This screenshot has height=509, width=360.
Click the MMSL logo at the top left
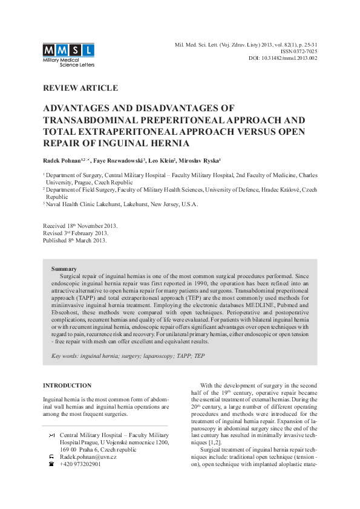pyautogui.click(x=68, y=53)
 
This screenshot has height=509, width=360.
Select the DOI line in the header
pyautogui.click(x=283, y=59)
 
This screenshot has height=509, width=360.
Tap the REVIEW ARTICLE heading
pyautogui.click(x=80, y=88)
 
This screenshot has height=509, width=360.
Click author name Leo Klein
pyautogui.click(x=164, y=160)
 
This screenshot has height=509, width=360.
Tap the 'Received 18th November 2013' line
pyautogui.click(x=80, y=225)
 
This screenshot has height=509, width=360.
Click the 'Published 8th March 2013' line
pyautogui.click(x=74, y=240)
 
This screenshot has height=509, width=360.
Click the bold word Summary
pyautogui.click(x=64, y=268)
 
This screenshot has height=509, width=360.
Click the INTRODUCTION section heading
pyautogui.click(x=67, y=385)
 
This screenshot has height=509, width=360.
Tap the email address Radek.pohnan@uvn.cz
pyautogui.click(x=88, y=456)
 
